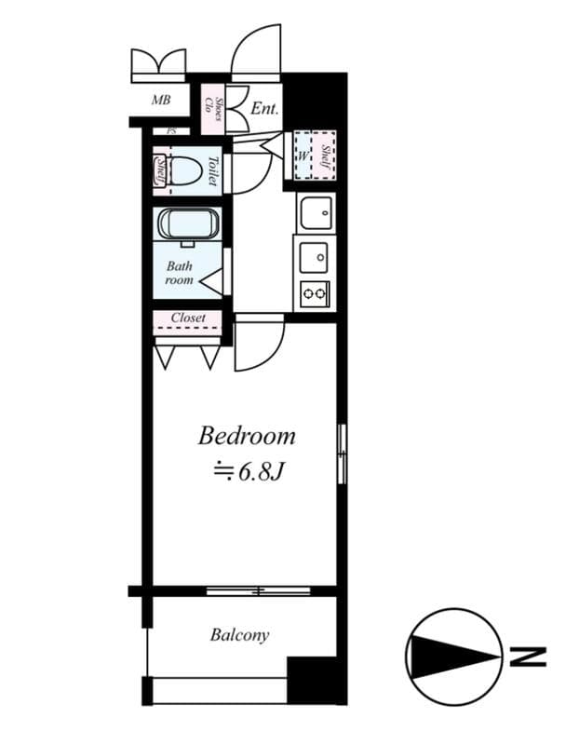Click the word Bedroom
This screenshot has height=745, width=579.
(247, 436)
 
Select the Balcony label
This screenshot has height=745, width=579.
(239, 635)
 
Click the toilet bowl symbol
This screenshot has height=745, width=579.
(187, 170)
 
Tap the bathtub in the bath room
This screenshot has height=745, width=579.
(188, 225)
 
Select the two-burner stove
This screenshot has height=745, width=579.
(315, 294)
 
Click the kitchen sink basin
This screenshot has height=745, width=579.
(316, 213)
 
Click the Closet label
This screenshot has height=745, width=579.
(188, 318)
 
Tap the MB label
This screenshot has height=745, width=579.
(161, 99)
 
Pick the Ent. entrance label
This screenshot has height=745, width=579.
(264, 109)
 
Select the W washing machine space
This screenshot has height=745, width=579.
(303, 154)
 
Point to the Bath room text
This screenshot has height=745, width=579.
(180, 273)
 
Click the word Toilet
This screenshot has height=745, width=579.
(212, 170)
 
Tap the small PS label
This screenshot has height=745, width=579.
(170, 131)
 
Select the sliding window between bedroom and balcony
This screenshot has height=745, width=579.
(258, 590)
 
